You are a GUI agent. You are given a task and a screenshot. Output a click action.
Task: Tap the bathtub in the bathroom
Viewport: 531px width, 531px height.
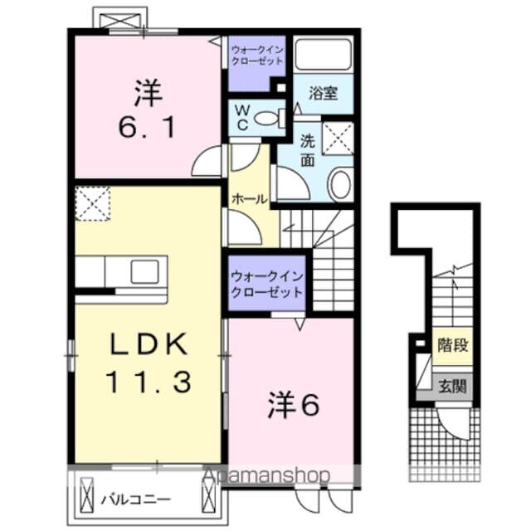324,56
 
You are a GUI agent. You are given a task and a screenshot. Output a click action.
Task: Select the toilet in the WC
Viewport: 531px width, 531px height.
266,119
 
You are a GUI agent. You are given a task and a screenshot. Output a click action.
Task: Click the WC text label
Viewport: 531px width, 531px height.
242,116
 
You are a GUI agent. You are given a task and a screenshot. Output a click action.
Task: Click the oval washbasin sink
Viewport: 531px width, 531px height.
340,184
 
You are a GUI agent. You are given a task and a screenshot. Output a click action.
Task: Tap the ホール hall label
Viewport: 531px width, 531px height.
249,199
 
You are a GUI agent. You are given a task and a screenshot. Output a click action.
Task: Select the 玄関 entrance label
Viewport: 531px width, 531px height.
453,385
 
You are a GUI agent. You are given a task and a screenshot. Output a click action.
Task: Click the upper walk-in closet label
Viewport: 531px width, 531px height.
257,56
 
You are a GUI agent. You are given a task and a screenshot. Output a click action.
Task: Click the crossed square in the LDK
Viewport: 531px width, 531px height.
93,203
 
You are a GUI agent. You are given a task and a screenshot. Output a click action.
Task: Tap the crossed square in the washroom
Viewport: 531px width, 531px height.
338,138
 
